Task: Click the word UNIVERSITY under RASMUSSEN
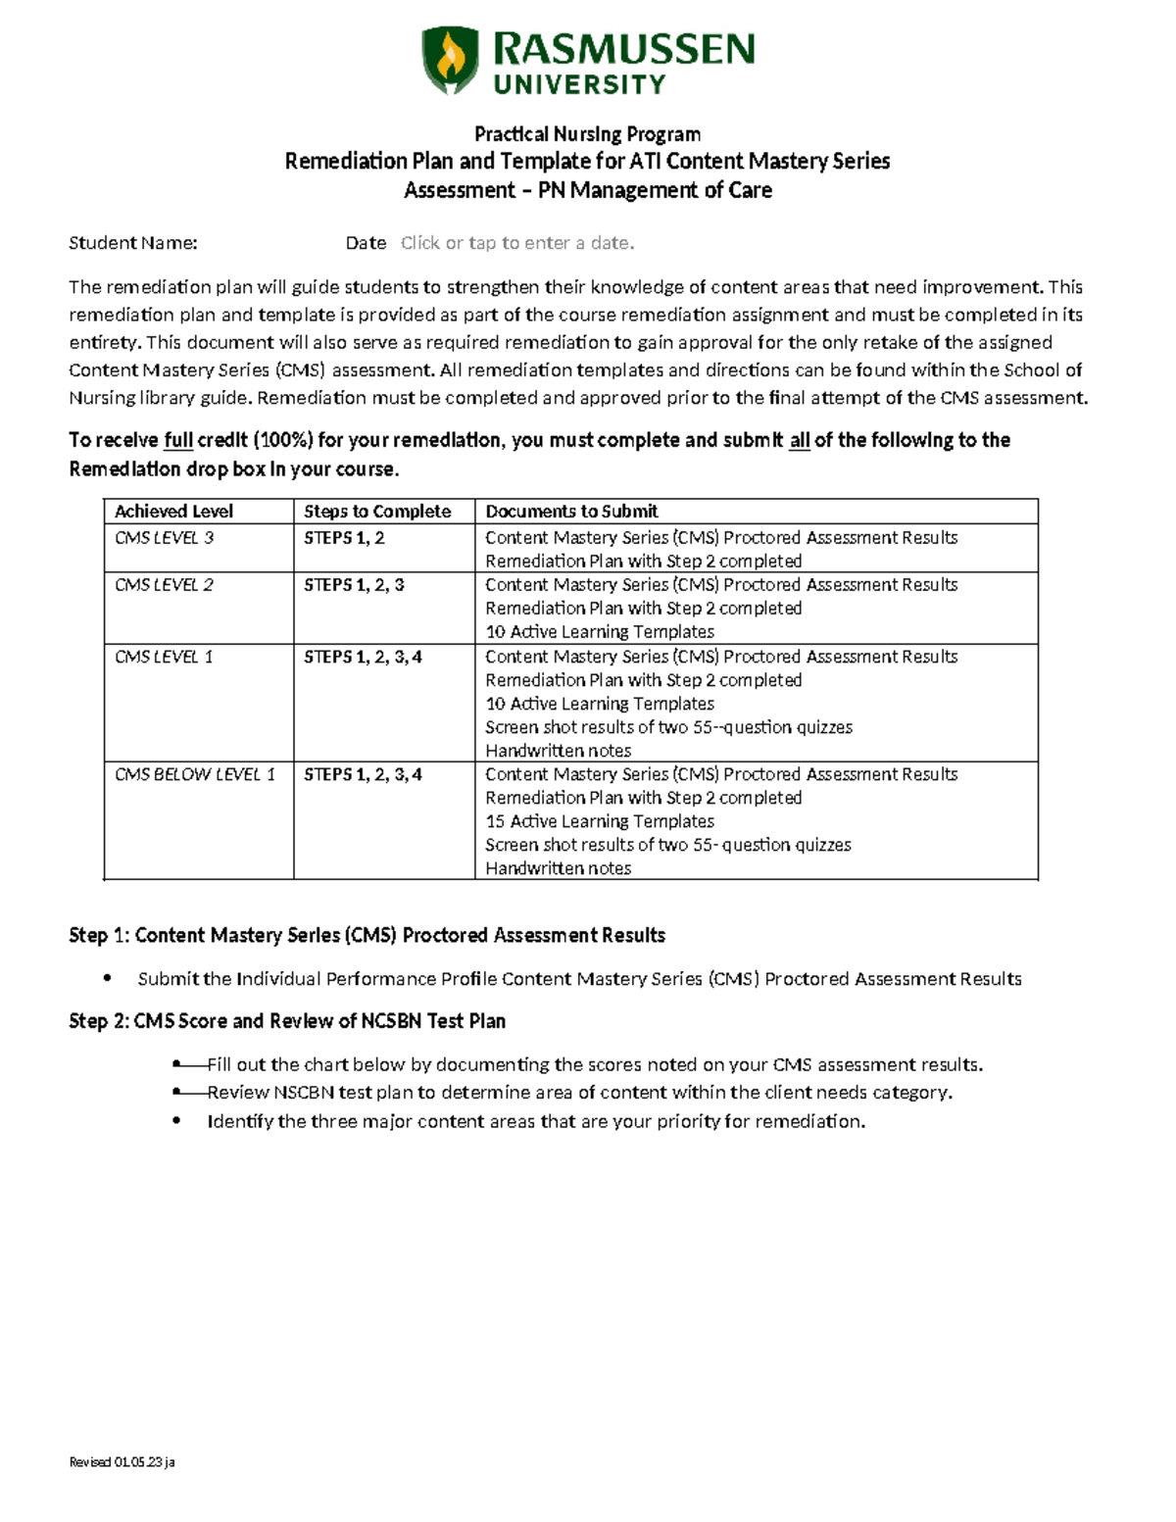pos(579,85)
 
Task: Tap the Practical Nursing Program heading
pos(587,134)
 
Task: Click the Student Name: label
pos(133,243)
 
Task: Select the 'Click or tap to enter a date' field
pos(517,243)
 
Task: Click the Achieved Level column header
pos(173,512)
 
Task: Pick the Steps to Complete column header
pos(377,512)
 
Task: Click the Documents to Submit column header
pos(571,512)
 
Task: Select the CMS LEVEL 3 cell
pos(164,538)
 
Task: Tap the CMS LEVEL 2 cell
pos(164,585)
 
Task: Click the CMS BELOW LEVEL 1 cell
pos(195,775)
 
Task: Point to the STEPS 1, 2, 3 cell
pos(354,585)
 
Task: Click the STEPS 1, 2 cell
pos(344,538)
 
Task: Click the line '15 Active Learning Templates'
pos(600,822)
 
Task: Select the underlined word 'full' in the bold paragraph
pos(178,441)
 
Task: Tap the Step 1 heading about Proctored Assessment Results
pos(367,936)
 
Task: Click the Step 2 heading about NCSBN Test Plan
pos(287,1021)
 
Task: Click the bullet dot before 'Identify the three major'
pos(176,1121)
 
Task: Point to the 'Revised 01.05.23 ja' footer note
pos(122,1462)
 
